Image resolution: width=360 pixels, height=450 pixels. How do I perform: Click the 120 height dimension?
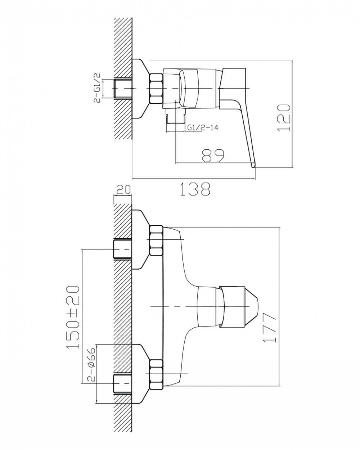pyautogui.click(x=284, y=118)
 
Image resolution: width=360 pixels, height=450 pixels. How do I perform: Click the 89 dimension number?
pyautogui.click(x=213, y=156)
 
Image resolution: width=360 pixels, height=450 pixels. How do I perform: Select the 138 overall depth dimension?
pyautogui.click(x=195, y=189)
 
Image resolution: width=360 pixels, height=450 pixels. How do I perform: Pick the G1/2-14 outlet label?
pyautogui.click(x=202, y=127)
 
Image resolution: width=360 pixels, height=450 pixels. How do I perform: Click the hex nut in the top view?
pyautogui.click(x=156, y=89)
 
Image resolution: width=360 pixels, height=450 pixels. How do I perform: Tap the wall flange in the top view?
pyautogui.click(x=140, y=89)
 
